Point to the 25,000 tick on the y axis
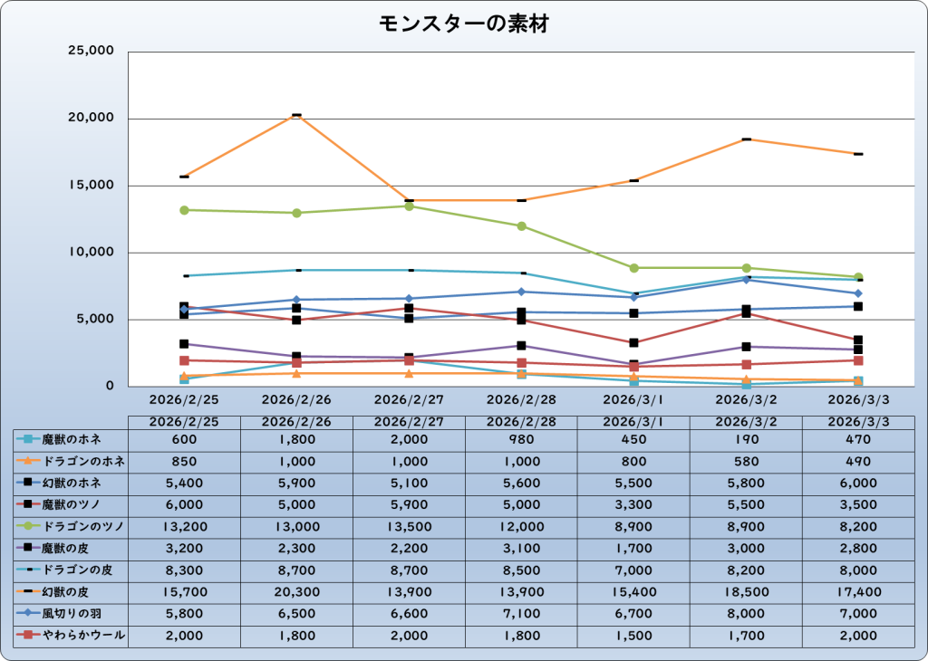click(x=92, y=52)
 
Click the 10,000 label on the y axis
click(x=92, y=253)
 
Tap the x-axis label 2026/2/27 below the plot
click(x=409, y=398)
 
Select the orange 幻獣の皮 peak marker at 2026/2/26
click(x=296, y=116)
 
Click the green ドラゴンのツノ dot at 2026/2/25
click(x=184, y=210)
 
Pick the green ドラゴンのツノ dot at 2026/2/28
click(x=521, y=226)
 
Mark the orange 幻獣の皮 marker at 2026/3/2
click(x=746, y=139)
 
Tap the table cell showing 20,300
click(x=296, y=592)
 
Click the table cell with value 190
click(x=746, y=439)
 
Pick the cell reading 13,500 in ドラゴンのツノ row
click(x=409, y=526)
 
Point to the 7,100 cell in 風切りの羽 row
click(x=521, y=614)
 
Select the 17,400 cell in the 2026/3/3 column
click(x=857, y=592)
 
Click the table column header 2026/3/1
click(x=633, y=422)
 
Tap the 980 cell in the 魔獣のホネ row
click(x=521, y=439)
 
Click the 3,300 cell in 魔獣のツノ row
click(x=633, y=504)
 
